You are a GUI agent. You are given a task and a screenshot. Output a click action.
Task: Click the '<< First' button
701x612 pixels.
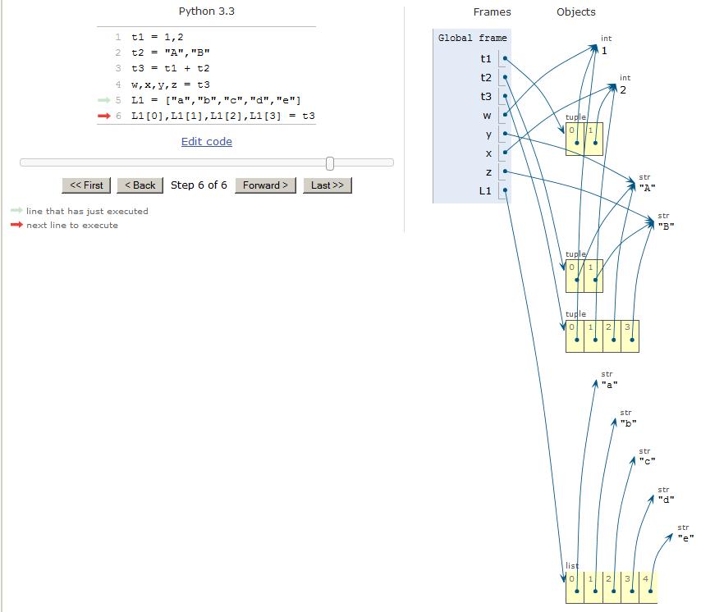click(x=87, y=185)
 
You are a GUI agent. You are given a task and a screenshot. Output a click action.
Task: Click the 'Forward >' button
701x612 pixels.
click(x=265, y=185)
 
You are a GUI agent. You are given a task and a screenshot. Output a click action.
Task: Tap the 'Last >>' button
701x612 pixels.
click(x=327, y=185)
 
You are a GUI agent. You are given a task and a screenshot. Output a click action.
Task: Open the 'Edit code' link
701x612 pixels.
click(x=206, y=142)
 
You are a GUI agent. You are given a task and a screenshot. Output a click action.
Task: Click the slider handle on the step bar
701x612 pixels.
click(x=330, y=163)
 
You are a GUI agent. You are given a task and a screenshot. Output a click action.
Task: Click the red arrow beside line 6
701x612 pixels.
click(x=103, y=116)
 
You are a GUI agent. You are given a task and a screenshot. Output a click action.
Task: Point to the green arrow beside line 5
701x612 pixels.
click(x=103, y=100)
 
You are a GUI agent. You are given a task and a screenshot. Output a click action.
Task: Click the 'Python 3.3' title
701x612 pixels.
click(x=206, y=11)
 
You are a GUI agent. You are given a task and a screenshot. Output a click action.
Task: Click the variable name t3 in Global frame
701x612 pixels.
click(x=486, y=97)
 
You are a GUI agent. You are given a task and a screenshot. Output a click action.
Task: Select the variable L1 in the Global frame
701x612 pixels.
click(x=485, y=191)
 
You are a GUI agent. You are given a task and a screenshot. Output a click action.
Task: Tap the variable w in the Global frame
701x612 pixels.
click(x=487, y=116)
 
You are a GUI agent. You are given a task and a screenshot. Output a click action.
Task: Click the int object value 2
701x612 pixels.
click(x=623, y=89)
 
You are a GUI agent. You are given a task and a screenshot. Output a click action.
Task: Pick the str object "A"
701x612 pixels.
click(x=647, y=188)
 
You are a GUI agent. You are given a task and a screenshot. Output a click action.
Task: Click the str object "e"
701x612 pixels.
click(x=685, y=538)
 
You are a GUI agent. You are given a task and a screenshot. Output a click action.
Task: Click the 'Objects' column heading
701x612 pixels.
click(x=575, y=12)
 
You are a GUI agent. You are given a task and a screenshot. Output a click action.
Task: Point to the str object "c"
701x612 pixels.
click(x=647, y=461)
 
